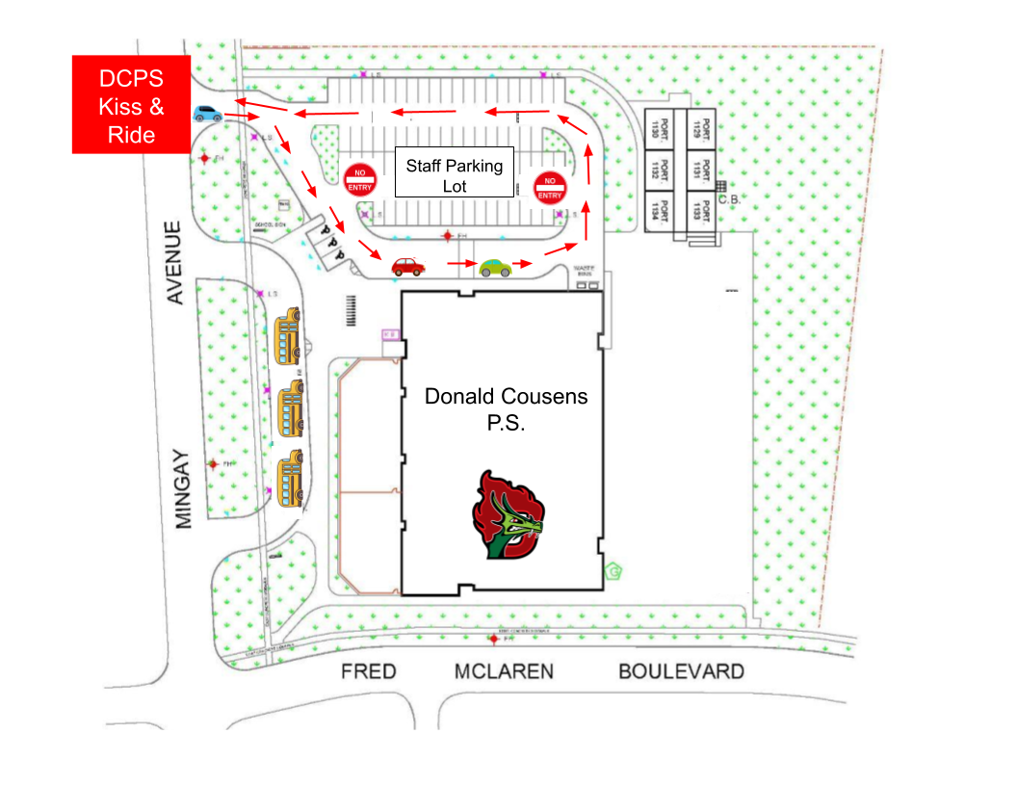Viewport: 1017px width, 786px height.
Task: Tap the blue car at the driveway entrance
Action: click(207, 113)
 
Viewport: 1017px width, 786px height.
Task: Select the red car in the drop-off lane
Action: click(407, 266)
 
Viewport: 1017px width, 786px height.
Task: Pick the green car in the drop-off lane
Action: click(496, 267)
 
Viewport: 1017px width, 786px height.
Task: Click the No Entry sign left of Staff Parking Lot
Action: click(359, 179)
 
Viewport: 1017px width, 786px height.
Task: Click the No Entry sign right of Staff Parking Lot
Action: click(549, 187)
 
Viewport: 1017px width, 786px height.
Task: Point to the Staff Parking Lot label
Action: click(455, 174)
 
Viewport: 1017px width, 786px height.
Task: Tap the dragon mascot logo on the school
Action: click(508, 515)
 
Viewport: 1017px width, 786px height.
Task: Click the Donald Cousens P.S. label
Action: click(507, 408)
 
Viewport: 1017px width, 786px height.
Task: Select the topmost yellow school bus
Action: click(288, 336)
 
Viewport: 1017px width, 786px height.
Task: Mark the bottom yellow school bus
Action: click(291, 479)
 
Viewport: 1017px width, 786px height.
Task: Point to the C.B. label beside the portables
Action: click(728, 201)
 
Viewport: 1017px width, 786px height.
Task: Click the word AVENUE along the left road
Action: click(174, 263)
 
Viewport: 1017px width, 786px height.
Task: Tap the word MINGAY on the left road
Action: click(185, 487)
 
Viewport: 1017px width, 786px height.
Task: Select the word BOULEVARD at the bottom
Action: click(681, 671)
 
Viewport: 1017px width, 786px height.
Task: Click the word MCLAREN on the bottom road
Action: click(504, 671)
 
